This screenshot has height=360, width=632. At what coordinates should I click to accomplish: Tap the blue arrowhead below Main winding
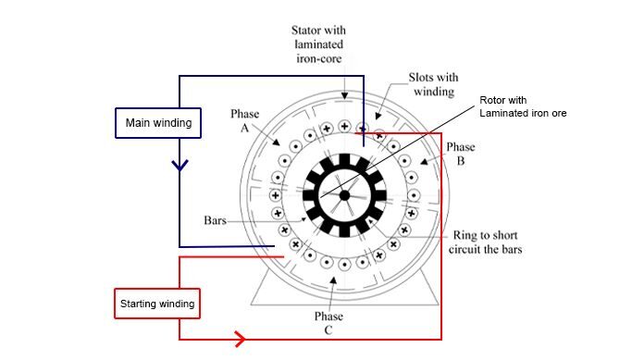click(x=180, y=165)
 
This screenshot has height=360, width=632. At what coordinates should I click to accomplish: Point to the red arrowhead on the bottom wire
click(x=240, y=339)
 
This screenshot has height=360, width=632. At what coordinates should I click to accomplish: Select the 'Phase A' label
click(x=244, y=120)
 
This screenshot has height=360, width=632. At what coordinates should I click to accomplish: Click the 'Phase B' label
click(x=460, y=154)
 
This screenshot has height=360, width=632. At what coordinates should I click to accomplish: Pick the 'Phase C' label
click(x=328, y=323)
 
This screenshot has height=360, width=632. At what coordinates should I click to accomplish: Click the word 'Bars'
click(x=215, y=220)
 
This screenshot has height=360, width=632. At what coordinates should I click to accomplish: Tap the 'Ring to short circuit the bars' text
click(x=485, y=242)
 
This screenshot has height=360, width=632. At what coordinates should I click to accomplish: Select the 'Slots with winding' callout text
click(x=433, y=84)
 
